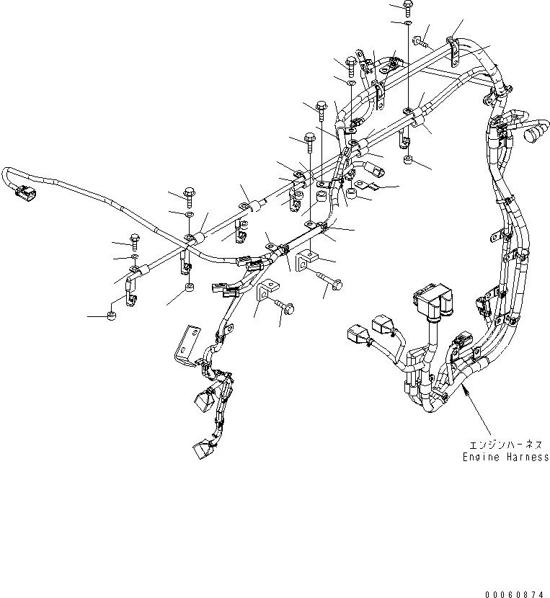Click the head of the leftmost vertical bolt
click(135, 238)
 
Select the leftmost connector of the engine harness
click(356, 334)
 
